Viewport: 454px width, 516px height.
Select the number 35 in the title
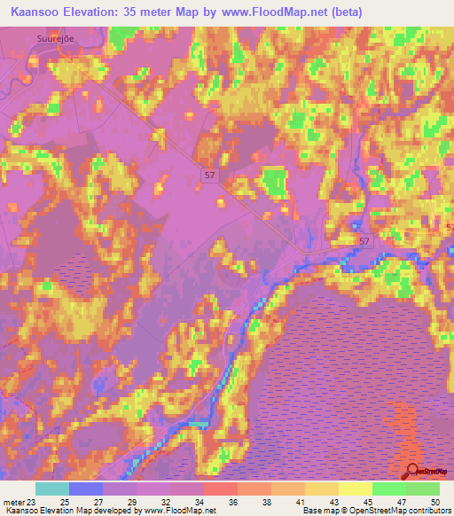click(x=157, y=12)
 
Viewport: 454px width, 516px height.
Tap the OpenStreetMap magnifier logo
click(x=411, y=473)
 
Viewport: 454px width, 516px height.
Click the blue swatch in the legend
click(x=85, y=489)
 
